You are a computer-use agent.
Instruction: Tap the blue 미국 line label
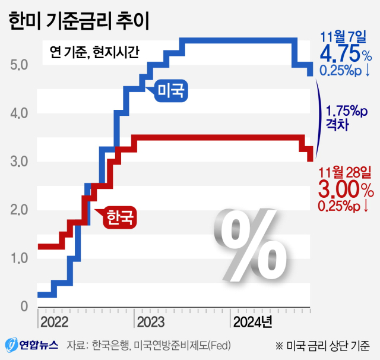pos(170,91)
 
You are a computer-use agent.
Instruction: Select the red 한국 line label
pos(121,218)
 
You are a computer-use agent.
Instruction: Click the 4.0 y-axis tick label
pos(20,113)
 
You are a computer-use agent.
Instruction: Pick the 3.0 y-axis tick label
pos(20,161)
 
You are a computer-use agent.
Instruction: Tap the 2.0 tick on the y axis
pos(20,210)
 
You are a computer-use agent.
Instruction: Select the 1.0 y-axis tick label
pos(20,258)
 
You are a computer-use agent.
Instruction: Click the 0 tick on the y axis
pos(24,307)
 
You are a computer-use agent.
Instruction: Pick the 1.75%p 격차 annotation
pos(345,118)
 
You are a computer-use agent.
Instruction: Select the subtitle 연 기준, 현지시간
pos(91,52)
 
